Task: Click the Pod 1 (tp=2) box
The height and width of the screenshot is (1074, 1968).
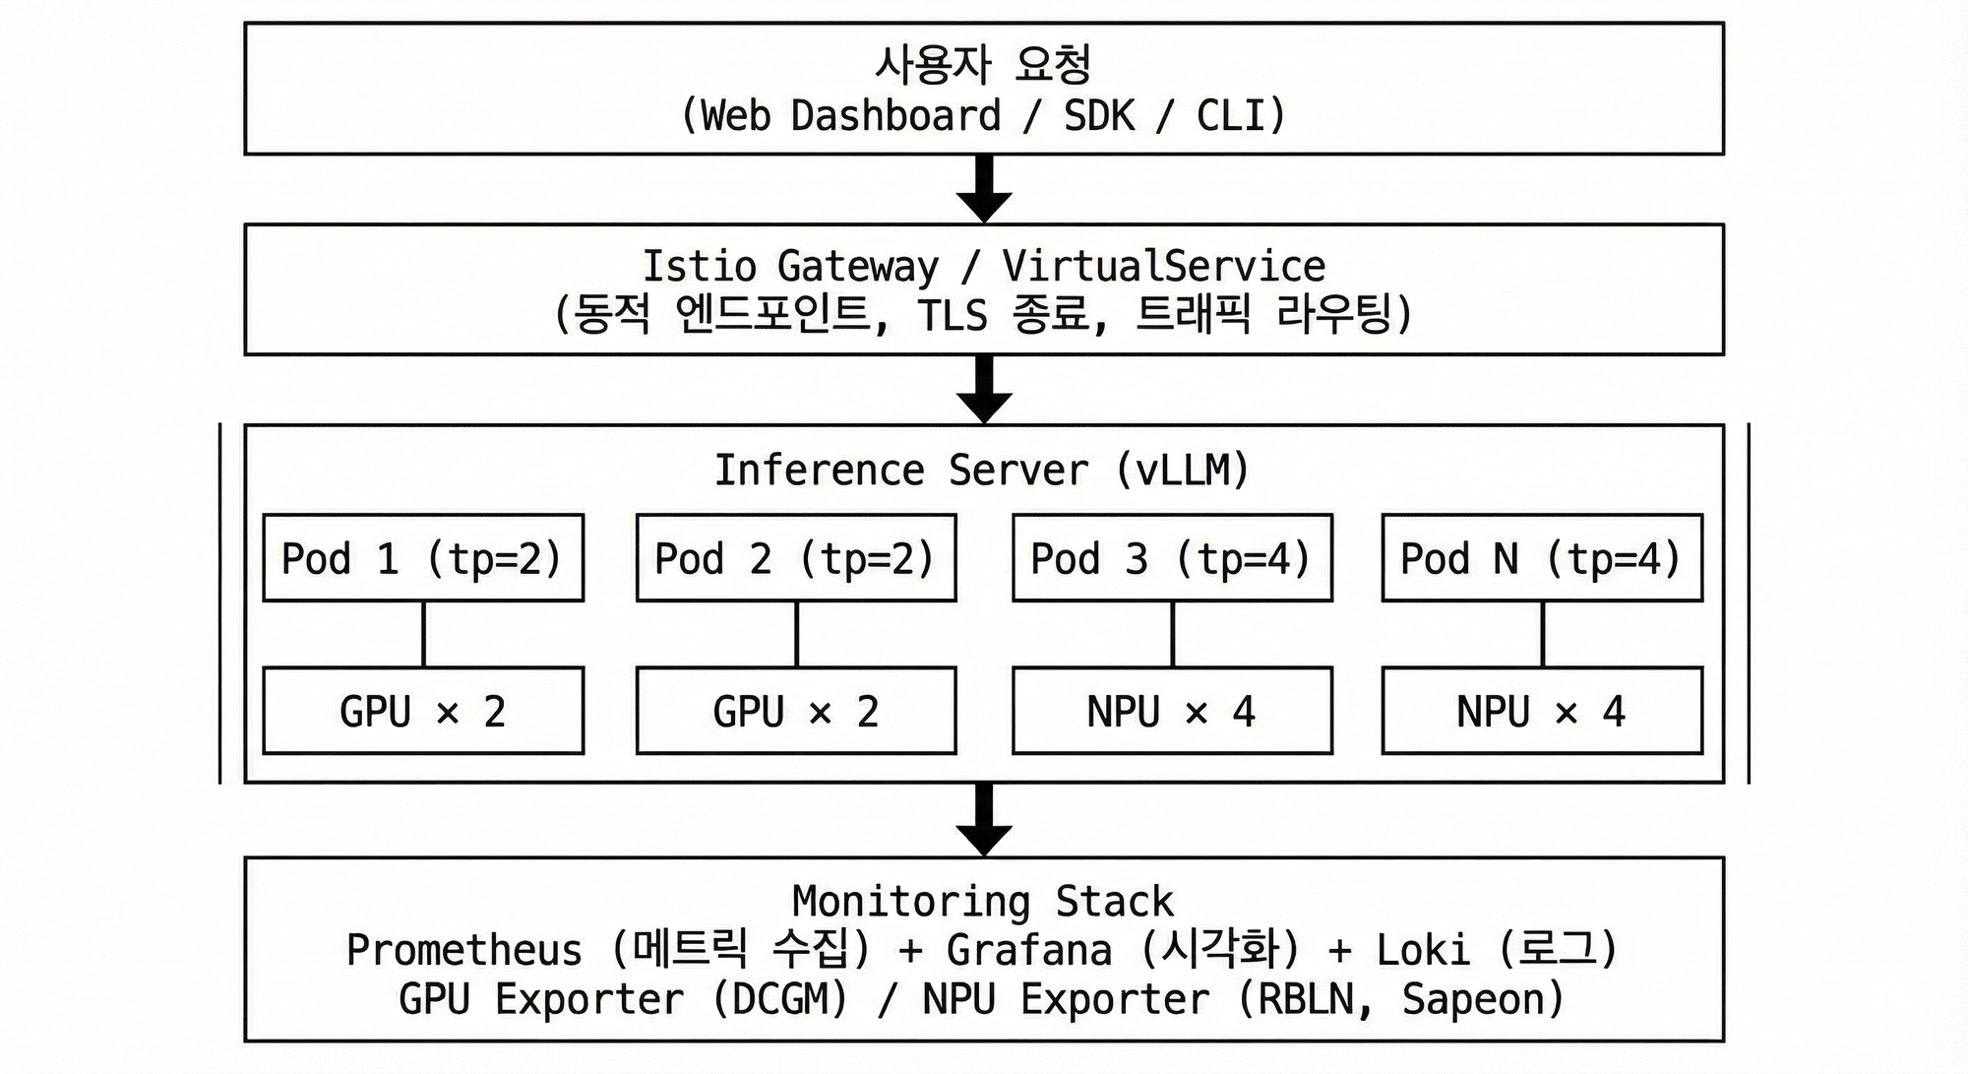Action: pyautogui.click(x=423, y=558)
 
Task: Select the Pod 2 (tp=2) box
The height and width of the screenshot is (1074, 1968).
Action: pyautogui.click(x=796, y=558)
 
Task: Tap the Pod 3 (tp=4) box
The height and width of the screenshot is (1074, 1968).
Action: pyautogui.click(x=1172, y=558)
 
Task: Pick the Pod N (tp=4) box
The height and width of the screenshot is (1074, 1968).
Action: pyautogui.click(x=1542, y=558)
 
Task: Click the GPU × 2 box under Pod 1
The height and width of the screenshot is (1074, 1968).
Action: pyautogui.click(x=423, y=711)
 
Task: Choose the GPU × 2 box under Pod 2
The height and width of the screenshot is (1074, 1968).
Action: pyautogui.click(x=796, y=711)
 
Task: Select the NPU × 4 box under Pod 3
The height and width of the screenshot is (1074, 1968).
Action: pyautogui.click(x=1172, y=711)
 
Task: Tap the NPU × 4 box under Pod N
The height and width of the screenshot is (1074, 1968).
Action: pyautogui.click(x=1542, y=711)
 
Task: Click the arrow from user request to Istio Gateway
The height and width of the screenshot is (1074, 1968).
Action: pyautogui.click(x=984, y=189)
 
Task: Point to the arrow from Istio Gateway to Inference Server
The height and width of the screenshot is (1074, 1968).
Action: pyautogui.click(x=984, y=389)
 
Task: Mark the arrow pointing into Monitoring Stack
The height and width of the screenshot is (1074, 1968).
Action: pyautogui.click(x=984, y=820)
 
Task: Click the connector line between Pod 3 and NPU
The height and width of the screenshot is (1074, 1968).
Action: pyautogui.click(x=1172, y=634)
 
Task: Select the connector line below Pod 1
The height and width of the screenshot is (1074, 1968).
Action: pyautogui.click(x=423, y=634)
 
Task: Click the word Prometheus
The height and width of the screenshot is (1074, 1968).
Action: pyautogui.click(x=463, y=951)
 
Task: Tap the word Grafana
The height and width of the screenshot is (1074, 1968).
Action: pyautogui.click(x=1029, y=951)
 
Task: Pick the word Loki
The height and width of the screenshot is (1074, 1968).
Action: pyautogui.click(x=1423, y=951)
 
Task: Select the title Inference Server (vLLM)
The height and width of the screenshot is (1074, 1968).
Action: pyautogui.click(x=982, y=471)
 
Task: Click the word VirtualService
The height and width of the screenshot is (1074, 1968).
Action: pyautogui.click(x=1163, y=267)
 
